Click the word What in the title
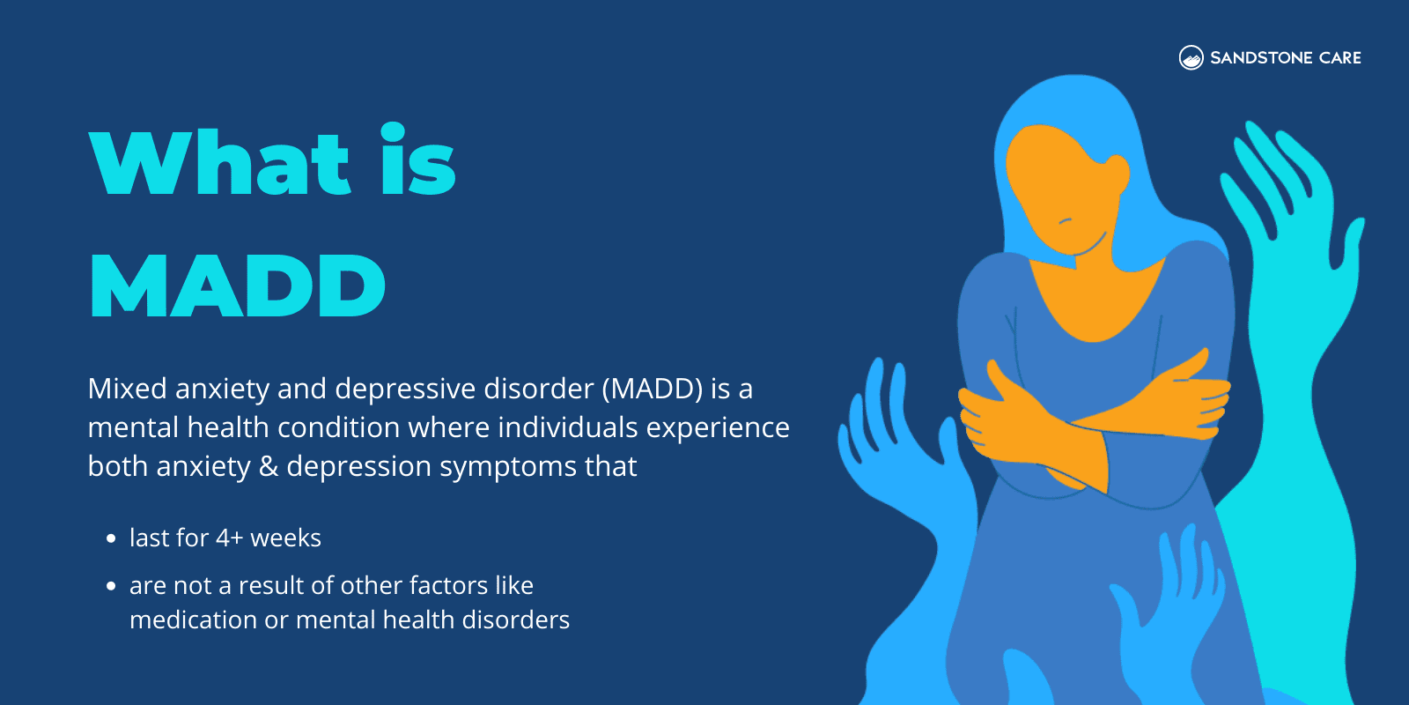pos(220,163)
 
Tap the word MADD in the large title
pos(238,286)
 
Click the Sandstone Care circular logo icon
pos(1191,58)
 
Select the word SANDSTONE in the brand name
pos(1261,58)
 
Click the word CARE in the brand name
pos(1340,58)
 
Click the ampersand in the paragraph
pos(269,466)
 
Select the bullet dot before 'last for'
pos(111,538)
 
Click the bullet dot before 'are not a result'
pos(111,586)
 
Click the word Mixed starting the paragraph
pos(127,389)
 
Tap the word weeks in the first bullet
pos(285,538)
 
